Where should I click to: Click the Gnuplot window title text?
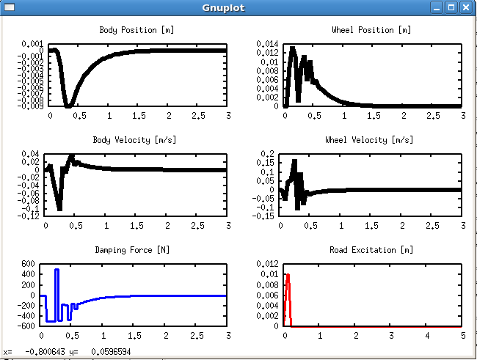click(x=223, y=8)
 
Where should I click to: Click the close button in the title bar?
click(x=465, y=8)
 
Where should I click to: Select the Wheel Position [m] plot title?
click(x=371, y=30)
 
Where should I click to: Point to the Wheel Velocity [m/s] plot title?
click(x=371, y=140)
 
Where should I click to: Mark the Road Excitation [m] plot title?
click(x=371, y=250)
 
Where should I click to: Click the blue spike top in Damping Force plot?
click(x=57, y=271)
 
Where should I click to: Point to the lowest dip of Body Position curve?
click(x=68, y=106)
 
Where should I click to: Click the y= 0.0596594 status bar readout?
click(x=104, y=352)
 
